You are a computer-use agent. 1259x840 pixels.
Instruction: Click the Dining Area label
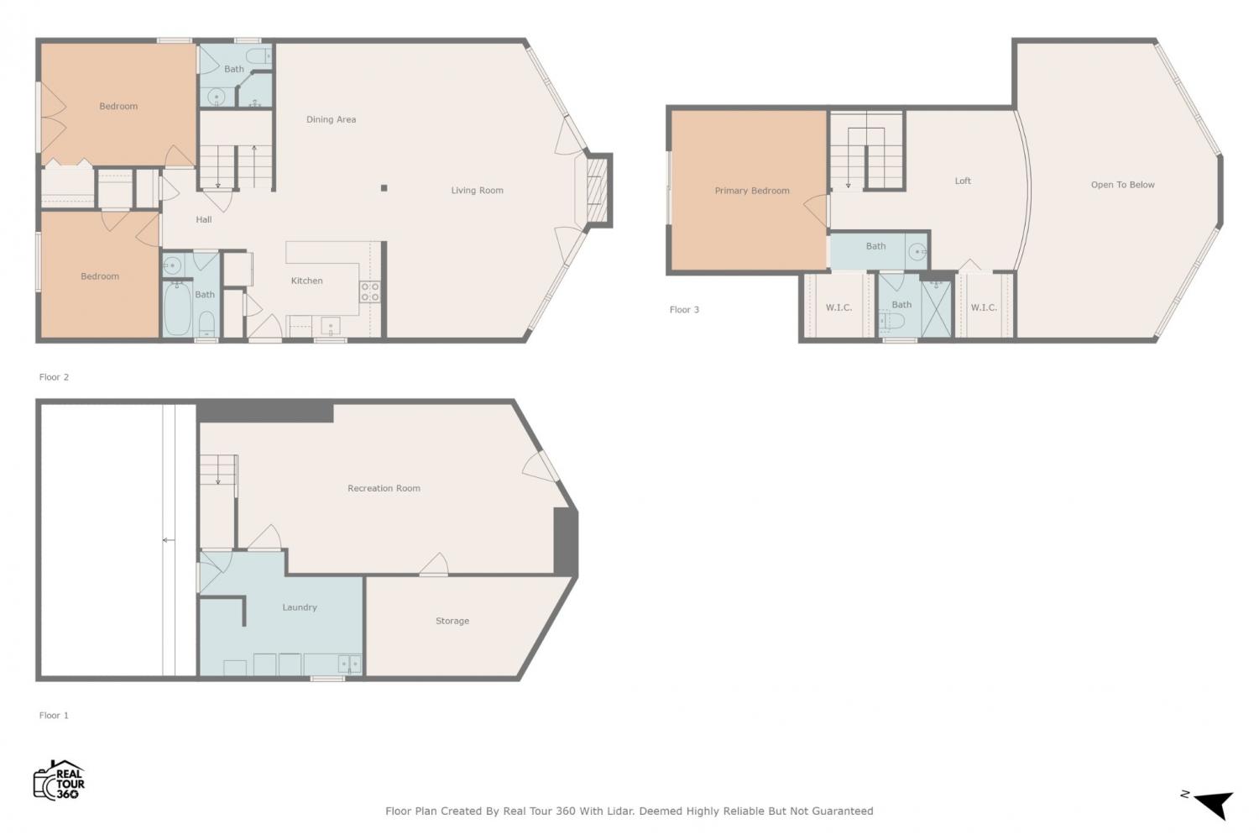tap(331, 119)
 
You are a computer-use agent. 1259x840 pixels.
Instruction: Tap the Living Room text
tap(478, 190)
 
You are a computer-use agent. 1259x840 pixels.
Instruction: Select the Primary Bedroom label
tap(752, 191)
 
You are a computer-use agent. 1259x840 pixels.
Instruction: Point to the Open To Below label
tap(1122, 185)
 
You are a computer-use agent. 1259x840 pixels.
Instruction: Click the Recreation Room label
tap(384, 488)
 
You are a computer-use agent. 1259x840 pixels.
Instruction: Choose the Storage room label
tap(452, 621)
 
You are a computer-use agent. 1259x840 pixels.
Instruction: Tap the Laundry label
tap(300, 607)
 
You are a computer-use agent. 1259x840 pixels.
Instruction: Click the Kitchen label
tap(307, 281)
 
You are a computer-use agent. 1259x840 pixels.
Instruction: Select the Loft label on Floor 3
tap(963, 181)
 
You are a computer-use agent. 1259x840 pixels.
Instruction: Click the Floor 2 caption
tap(54, 377)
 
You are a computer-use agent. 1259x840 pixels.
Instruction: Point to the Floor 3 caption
tap(684, 309)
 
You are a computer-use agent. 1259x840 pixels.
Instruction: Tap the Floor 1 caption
tap(54, 716)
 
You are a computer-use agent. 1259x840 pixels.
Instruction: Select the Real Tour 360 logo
tap(59, 780)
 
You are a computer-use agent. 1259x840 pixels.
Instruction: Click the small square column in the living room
tap(384, 188)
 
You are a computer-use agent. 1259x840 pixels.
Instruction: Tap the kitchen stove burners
tap(370, 291)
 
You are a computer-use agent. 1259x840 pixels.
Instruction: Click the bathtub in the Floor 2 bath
tap(178, 308)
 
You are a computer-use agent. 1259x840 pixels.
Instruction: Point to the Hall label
tap(203, 219)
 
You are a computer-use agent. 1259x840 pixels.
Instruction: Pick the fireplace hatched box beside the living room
tap(598, 190)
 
